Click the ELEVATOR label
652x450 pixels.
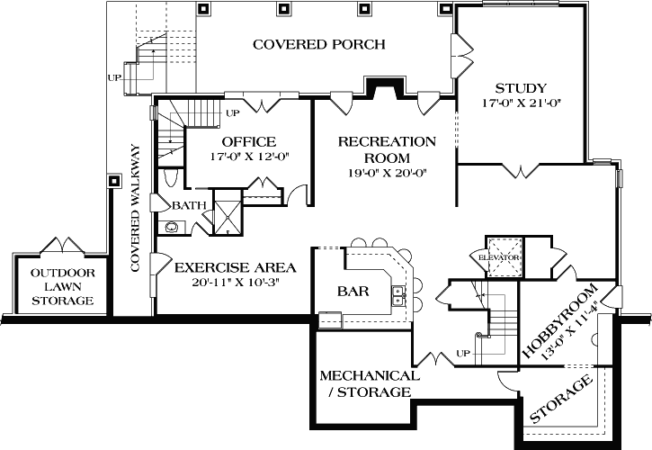pos(501,258)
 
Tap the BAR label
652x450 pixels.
pos(354,292)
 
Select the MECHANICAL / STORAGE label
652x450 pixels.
pos(369,383)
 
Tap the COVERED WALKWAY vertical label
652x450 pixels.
pos(136,207)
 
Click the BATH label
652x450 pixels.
pos(189,205)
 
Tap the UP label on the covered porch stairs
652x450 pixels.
pos(114,77)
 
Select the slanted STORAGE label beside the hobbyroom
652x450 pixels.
pos(561,402)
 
